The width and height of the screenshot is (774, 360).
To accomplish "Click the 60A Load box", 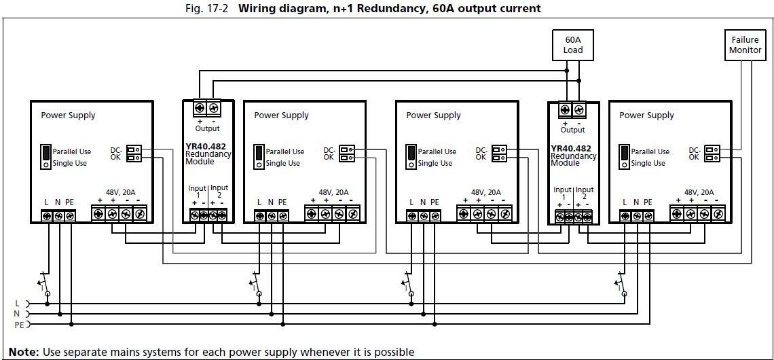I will pos(573,45).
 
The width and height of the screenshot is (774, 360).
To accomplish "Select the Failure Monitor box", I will pos(744,45).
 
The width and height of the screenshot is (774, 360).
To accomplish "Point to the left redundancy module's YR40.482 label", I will pos(208,146).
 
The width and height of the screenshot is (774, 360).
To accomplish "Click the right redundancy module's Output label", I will pos(572,130).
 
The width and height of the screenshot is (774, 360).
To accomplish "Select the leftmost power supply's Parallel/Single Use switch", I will pos(45,156).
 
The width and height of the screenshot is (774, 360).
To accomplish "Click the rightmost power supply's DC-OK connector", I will pos(712,154).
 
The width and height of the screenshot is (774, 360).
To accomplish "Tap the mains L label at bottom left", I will pos(17,303).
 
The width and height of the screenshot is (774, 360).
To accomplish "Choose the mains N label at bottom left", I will pos(17,314).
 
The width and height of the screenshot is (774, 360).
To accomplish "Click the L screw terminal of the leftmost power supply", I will pos(48,216).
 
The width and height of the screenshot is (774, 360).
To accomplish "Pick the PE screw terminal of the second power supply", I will pos(284,216).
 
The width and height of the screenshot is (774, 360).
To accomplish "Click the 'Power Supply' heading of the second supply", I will pos(281,115).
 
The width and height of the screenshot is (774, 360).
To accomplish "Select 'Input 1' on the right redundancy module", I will pos(562,194).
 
